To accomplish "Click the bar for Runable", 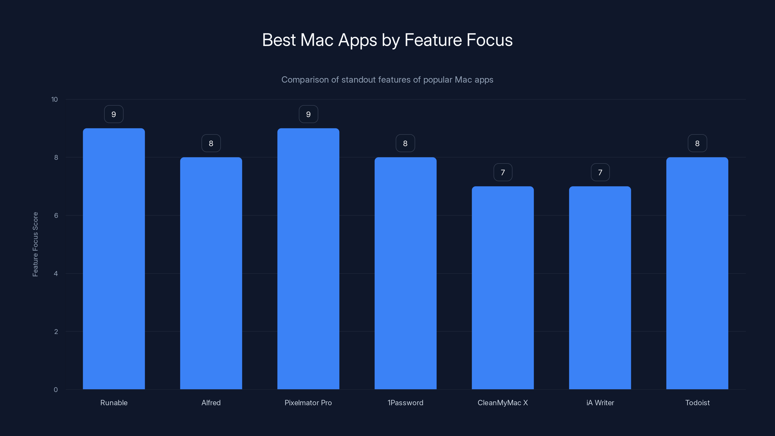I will coord(114,259).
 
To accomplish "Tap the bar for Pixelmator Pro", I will coord(308,259).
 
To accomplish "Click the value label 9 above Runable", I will coord(114,114).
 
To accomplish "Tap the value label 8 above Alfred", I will coord(211,143).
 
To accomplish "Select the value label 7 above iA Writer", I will coord(600,172).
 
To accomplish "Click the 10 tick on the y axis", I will coord(54,99).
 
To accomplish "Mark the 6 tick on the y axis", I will coord(56,215).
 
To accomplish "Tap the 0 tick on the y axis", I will coord(56,390).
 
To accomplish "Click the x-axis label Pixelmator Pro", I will coord(308,403).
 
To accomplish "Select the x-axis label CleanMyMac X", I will coord(503,403).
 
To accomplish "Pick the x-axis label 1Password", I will coord(405,403).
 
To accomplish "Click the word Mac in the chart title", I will coord(317,40).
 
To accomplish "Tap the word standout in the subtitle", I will coord(358,80).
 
